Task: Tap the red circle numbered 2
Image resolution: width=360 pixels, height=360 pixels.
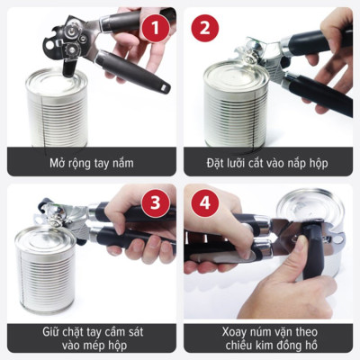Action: point(203,27)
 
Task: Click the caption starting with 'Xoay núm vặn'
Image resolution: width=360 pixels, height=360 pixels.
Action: point(268,338)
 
